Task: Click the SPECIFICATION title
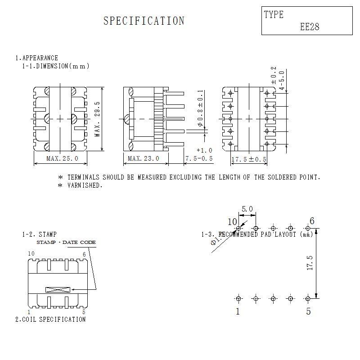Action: click(x=144, y=21)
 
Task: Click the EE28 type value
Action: click(x=310, y=27)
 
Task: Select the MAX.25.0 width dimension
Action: click(x=62, y=158)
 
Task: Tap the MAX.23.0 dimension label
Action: click(x=143, y=158)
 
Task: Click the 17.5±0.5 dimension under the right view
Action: click(x=249, y=159)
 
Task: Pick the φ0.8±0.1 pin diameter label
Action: click(x=201, y=108)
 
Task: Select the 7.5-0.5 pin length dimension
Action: click(x=198, y=158)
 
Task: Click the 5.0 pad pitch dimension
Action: click(x=247, y=209)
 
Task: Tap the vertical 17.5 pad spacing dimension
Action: click(x=309, y=263)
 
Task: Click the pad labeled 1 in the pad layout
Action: click(x=238, y=298)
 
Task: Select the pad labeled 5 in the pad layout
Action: click(x=308, y=298)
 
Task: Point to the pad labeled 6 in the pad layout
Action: click(x=308, y=229)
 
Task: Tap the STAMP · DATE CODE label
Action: click(x=66, y=243)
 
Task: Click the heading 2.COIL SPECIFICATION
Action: click(x=50, y=319)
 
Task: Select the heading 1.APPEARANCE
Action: click(x=37, y=58)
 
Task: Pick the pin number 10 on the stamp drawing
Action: click(x=31, y=254)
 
